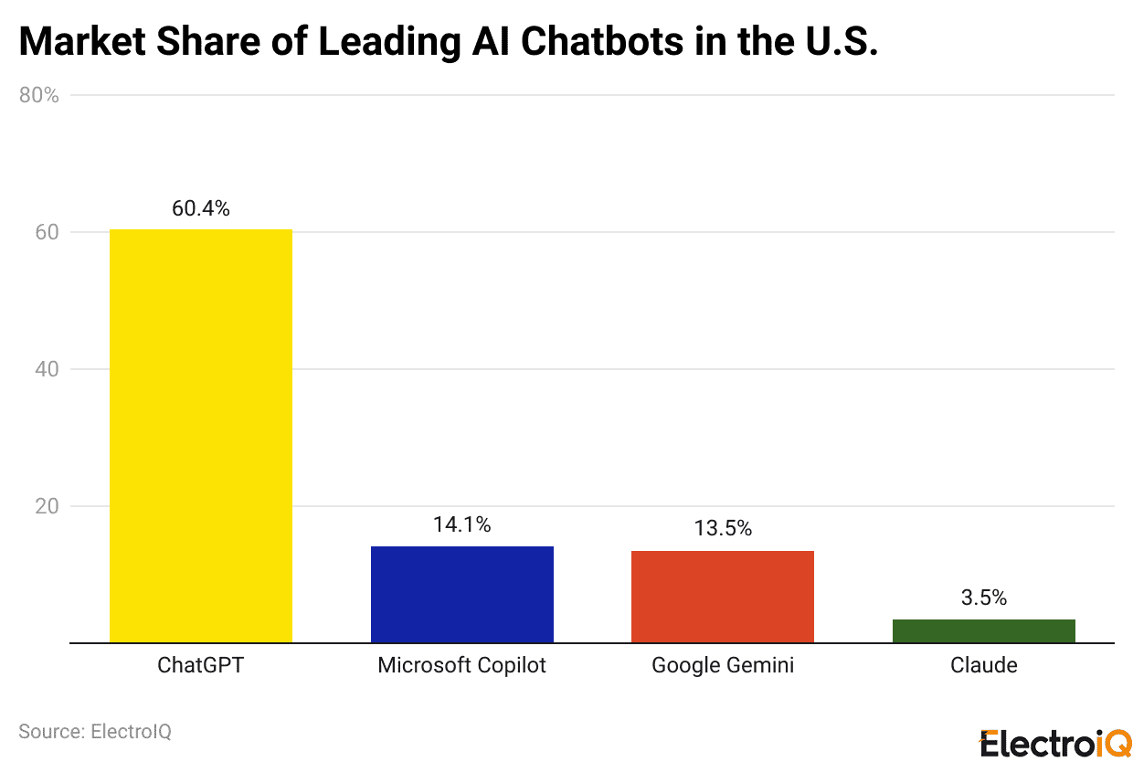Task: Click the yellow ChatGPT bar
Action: pos(201,436)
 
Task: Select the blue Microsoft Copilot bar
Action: pos(461,594)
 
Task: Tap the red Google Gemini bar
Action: pos(722,597)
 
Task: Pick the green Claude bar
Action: pos(983,630)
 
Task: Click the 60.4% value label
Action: pos(201,208)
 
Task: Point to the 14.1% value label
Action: pos(461,524)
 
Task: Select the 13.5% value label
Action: pos(722,528)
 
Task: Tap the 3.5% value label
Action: pos(983,598)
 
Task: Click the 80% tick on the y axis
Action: pos(39,95)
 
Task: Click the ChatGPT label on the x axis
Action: pos(201,665)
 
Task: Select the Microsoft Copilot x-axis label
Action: pos(461,665)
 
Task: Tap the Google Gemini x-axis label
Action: pos(722,665)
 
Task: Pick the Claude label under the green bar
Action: pos(983,665)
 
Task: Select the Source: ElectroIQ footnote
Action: pos(95,732)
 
